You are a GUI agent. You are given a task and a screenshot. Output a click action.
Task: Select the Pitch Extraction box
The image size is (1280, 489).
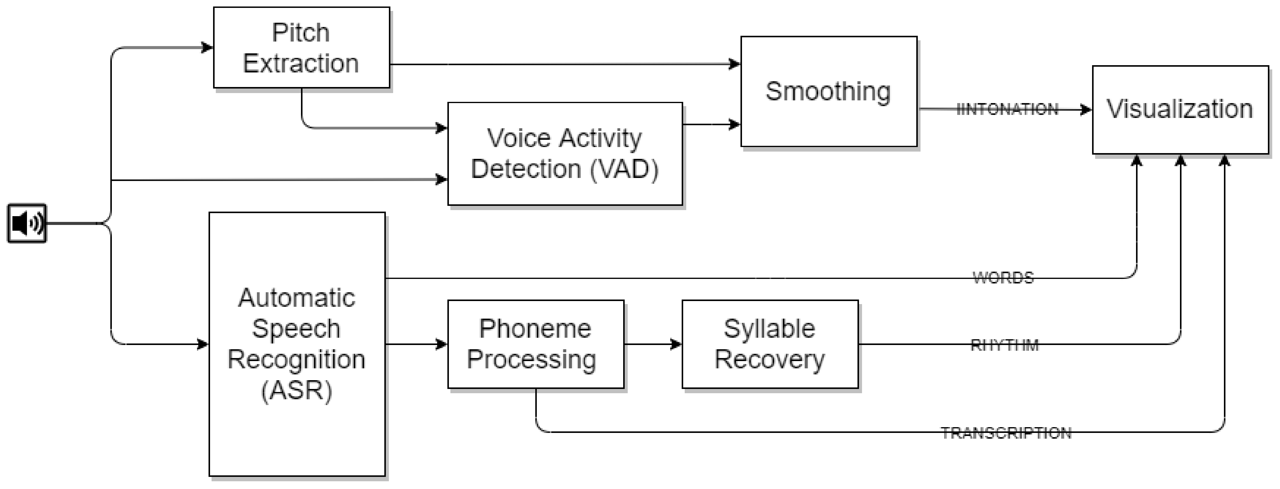pos(301,48)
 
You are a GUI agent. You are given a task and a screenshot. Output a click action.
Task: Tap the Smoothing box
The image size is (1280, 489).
pos(828,92)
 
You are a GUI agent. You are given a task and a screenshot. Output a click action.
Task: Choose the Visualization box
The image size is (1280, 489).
pos(1180,109)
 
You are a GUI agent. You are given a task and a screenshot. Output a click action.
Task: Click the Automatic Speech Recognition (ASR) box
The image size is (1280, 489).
pos(297,344)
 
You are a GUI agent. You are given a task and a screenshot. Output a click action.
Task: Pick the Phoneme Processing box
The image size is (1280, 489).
pos(535,344)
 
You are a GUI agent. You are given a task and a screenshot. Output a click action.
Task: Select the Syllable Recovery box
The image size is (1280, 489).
pos(769,344)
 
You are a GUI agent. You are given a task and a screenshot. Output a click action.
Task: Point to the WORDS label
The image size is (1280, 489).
pos(1003,278)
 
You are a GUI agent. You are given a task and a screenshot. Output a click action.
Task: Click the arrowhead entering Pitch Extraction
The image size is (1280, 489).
pos(207,48)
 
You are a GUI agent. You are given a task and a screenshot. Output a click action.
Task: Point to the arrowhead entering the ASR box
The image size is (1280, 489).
pos(203,344)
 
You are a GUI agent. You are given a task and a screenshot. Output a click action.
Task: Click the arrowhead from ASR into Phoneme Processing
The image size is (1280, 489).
pos(441,344)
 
